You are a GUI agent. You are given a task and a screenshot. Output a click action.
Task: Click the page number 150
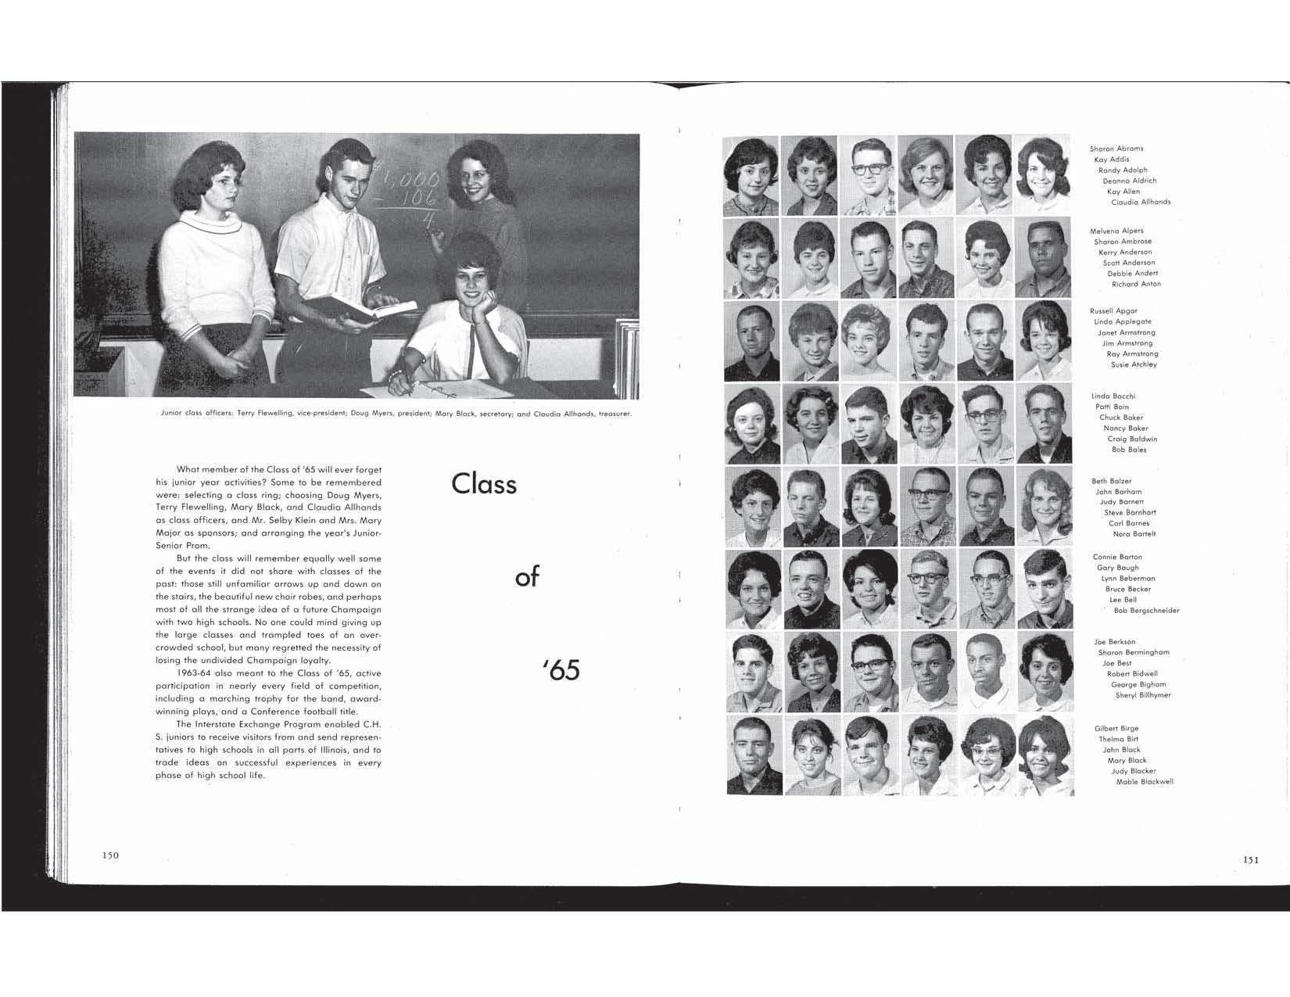coord(110,855)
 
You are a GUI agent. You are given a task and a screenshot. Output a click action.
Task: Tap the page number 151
coord(1250,860)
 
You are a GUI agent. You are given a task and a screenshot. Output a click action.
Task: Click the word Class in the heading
coord(484,485)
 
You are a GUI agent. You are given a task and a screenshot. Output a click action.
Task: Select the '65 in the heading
coord(561,671)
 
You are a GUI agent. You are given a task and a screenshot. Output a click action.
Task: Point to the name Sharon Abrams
coord(1116,149)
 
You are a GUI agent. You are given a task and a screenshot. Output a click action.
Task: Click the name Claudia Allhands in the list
coord(1141,203)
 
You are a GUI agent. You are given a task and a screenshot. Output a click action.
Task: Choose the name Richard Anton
coord(1136,285)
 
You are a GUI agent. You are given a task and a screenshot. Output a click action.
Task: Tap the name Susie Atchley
coord(1134,365)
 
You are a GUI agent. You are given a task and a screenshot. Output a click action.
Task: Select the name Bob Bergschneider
coord(1146,611)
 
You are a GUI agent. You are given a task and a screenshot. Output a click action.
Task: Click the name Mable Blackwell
coord(1145,782)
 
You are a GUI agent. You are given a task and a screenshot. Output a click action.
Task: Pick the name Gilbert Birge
coord(1116,729)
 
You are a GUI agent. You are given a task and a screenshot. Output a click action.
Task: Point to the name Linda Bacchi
coord(1113,396)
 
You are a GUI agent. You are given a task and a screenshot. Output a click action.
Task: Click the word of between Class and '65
coord(528,578)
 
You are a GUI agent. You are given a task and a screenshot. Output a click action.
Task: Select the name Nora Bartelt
coord(1134,534)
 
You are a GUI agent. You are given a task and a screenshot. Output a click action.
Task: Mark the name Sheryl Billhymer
coord(1143,695)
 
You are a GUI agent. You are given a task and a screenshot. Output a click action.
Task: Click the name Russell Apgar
coord(1113,311)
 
